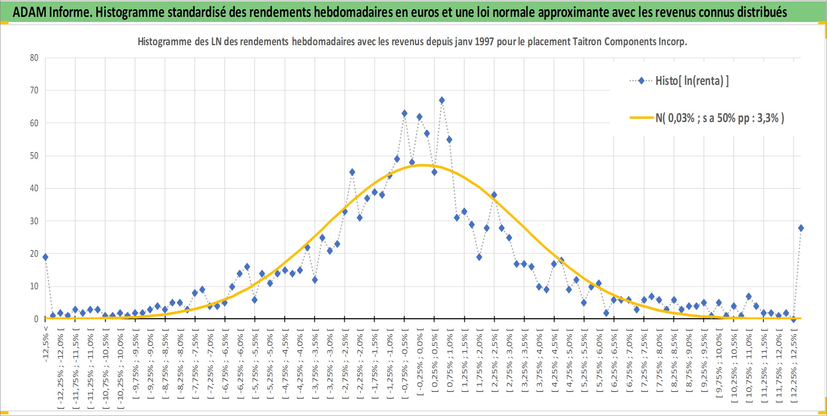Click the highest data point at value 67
pos(442,101)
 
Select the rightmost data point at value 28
pos(801,228)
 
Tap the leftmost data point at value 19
pos(45,257)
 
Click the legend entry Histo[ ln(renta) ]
pos(679,81)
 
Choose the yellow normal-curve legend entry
pos(707,118)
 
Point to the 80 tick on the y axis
pos(34,58)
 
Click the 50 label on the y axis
pos(34,156)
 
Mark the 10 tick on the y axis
pos(34,286)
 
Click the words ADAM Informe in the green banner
pos(52,12)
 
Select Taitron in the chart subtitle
pos(588,42)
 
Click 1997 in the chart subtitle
pos(484,42)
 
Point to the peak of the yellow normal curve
pos(422,165)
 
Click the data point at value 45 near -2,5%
pos(352,172)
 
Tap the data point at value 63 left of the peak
pos(404,114)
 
